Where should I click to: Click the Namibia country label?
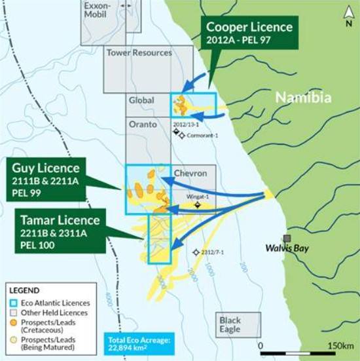(303, 98)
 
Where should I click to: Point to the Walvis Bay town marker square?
(286, 238)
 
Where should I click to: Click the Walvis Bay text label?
(286, 248)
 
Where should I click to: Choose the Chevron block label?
(190, 173)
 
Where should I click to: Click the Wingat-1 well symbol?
(196, 204)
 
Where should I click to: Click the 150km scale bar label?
(340, 345)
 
